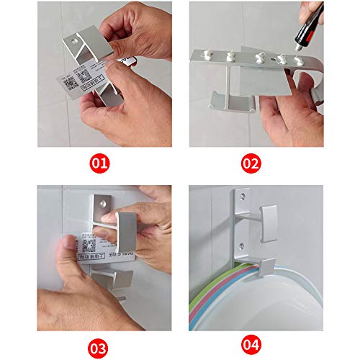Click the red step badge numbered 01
[102, 163]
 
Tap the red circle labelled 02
[250, 163]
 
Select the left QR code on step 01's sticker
[70, 83]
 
